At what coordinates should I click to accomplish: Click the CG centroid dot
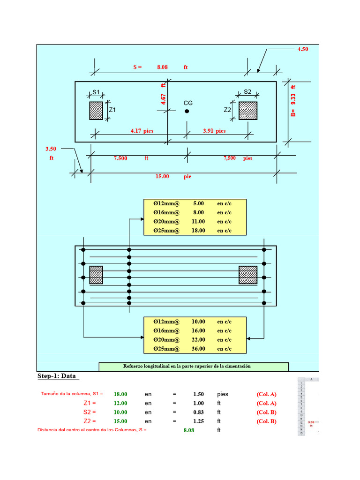187,111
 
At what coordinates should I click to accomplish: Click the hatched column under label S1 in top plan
96,111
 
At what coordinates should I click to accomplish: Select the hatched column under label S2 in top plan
248,111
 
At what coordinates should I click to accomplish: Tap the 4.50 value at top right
303,49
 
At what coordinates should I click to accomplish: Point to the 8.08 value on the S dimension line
162,67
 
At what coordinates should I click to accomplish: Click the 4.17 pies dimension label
142,131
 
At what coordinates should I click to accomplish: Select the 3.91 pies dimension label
214,131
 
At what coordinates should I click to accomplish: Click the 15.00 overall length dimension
162,176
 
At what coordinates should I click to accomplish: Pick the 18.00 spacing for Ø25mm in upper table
198,231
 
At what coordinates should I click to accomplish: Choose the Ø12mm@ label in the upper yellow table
166,204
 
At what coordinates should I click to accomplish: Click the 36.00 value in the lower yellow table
198,349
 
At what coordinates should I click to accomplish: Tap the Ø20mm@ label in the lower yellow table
166,340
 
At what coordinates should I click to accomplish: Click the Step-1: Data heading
58,376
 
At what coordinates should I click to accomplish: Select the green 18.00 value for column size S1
120,394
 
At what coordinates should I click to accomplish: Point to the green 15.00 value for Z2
120,421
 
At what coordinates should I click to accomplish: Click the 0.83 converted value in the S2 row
198,412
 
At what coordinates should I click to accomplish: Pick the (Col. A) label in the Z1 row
266,403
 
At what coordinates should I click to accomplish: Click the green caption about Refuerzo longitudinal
193,366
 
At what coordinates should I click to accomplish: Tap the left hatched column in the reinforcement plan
96,275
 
